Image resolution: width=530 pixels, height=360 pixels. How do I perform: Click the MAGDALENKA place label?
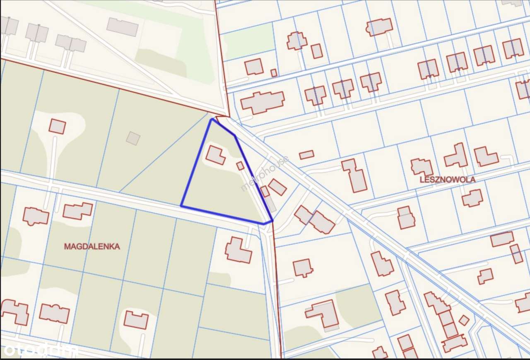(x=92, y=247)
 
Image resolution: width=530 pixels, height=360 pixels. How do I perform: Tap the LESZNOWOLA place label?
(x=447, y=180)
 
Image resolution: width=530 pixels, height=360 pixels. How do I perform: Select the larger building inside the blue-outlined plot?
(x=216, y=155)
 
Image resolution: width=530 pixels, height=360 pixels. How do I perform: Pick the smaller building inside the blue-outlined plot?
(x=240, y=166)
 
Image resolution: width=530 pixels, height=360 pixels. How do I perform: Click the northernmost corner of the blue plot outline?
(x=212, y=120)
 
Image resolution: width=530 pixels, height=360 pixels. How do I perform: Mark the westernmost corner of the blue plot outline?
(x=181, y=206)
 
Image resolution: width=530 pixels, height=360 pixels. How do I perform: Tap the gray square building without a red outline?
(x=133, y=138)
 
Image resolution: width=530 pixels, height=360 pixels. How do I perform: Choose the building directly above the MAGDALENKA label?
(x=77, y=211)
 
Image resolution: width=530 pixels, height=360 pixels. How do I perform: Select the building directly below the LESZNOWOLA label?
(x=472, y=198)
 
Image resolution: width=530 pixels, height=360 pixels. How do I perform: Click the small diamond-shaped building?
(x=464, y=320)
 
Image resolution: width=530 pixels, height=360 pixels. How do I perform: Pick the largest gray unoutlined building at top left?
(x=122, y=27)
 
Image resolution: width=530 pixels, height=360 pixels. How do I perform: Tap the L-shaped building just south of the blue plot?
(x=238, y=250)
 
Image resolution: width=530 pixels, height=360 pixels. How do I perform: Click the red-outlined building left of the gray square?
(x=57, y=126)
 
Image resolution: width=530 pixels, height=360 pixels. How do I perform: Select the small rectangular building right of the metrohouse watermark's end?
(x=307, y=155)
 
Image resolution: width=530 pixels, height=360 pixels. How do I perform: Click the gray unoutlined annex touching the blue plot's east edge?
(x=270, y=203)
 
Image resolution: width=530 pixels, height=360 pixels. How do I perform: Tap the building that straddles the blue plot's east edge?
(x=265, y=192)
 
